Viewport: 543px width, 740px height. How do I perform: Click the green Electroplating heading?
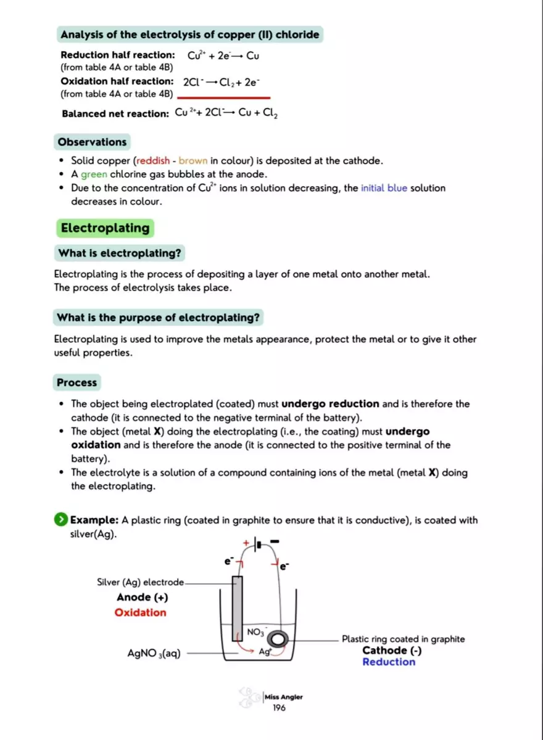(105, 228)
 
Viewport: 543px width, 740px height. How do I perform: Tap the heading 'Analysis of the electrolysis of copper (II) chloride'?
(189, 35)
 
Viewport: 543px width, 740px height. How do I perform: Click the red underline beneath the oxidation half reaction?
(223, 97)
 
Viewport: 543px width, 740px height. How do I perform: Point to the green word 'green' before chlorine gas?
(94, 175)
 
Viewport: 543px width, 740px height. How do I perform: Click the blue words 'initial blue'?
(384, 188)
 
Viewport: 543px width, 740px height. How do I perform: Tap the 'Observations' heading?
(92, 142)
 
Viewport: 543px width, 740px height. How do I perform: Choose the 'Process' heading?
(77, 382)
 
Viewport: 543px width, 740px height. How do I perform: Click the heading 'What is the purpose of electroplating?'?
(159, 318)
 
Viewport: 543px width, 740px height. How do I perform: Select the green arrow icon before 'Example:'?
(61, 520)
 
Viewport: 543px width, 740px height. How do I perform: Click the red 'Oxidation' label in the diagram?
(141, 612)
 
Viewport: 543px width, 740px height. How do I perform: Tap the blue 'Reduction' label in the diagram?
(389, 662)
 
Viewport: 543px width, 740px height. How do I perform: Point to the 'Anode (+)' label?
(142, 597)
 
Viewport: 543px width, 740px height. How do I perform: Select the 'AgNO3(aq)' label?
(154, 654)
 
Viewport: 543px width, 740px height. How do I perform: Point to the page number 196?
(279, 708)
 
